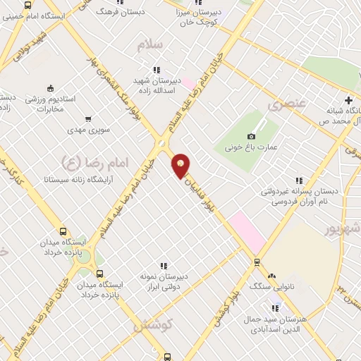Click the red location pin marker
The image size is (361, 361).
181,166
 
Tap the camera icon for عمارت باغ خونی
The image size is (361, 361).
252,136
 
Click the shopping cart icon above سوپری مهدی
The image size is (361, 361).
88,119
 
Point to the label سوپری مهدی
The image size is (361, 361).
88,130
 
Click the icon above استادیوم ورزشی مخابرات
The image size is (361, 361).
50,88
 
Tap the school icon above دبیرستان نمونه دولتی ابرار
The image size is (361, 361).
163,266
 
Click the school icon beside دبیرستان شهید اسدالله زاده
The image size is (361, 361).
156,70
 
